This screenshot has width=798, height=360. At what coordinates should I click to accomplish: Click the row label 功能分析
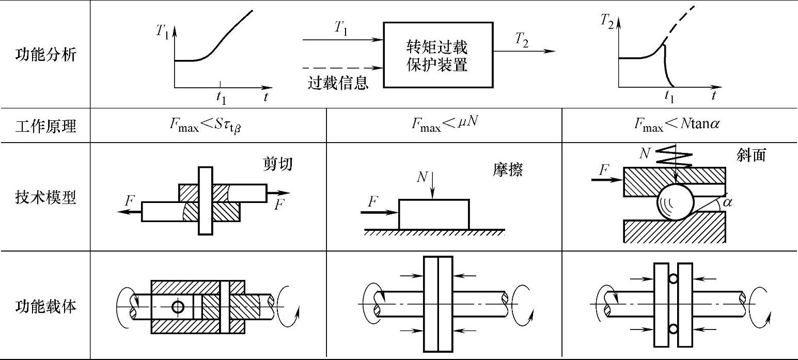[x=45, y=54]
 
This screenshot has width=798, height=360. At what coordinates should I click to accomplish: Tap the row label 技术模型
[x=45, y=197]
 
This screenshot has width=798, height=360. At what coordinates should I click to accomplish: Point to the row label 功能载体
[x=45, y=306]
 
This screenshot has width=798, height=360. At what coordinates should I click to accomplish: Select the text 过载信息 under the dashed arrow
[x=338, y=83]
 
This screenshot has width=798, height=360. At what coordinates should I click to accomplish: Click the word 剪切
[x=275, y=164]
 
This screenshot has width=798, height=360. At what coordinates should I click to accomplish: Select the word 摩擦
[x=507, y=170]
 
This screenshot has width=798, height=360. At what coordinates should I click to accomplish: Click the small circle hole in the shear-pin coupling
[x=178, y=307]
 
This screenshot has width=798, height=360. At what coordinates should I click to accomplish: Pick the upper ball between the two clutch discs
[x=672, y=279]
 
